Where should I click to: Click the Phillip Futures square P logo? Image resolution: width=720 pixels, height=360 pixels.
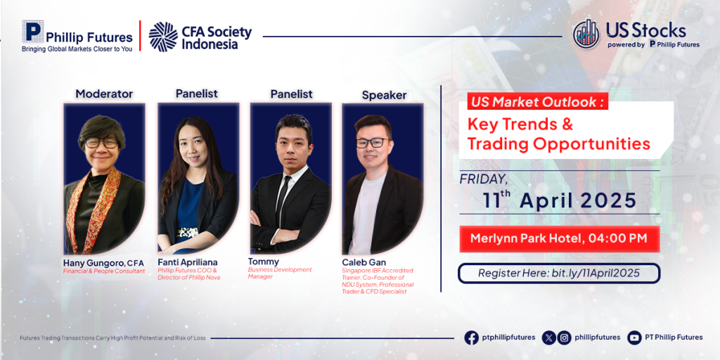point(32,31)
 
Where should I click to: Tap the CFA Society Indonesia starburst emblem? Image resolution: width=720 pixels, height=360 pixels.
point(163,37)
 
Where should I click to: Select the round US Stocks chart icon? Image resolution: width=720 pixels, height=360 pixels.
point(586,34)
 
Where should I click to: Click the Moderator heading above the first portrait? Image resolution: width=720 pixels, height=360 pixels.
point(104,94)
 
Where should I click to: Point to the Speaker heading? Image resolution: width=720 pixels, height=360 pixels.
point(384,96)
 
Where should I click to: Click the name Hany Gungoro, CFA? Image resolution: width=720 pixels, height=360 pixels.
point(103,263)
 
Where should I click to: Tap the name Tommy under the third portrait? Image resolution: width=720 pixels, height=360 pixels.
point(263,262)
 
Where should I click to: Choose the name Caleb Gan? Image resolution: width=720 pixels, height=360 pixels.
point(364,262)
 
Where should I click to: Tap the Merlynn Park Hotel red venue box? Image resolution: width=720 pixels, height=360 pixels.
point(559,239)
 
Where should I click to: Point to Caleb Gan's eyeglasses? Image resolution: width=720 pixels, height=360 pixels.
point(373,142)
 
